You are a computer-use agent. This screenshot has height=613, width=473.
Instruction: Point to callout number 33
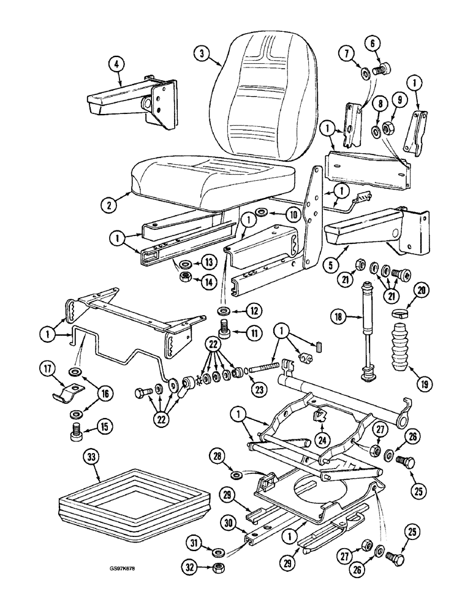(x=89, y=455)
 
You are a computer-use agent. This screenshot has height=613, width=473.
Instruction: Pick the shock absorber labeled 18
(x=369, y=331)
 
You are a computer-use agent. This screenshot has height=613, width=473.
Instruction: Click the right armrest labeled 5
(x=374, y=233)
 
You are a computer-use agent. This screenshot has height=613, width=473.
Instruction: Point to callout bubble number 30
(x=230, y=523)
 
